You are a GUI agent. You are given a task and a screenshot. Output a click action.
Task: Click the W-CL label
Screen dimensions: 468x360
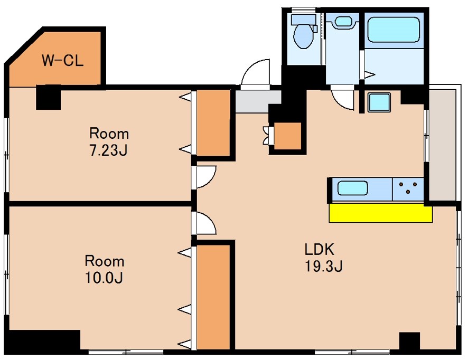(62, 61)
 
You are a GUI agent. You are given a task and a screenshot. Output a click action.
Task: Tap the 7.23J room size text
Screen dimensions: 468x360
(109, 150)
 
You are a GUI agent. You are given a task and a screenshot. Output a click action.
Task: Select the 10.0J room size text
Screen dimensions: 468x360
(104, 278)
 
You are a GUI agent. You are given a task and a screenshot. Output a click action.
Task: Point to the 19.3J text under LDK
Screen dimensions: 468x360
(324, 266)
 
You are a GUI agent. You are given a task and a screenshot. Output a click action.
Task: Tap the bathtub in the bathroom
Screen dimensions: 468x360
(394, 30)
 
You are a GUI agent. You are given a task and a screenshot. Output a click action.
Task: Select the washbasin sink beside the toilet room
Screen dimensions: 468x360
(343, 22)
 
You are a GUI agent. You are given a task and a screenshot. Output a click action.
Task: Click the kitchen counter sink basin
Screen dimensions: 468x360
(352, 188)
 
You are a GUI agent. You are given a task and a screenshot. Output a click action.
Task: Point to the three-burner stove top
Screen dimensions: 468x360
(408, 189)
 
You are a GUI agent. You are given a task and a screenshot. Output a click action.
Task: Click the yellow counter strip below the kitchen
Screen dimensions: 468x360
(380, 213)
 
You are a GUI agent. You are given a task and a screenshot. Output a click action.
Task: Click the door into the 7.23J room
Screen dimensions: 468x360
(206, 177)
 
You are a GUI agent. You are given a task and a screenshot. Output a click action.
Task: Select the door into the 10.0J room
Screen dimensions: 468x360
(206, 223)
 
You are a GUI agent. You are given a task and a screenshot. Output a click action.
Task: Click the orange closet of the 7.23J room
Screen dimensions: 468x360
(213, 123)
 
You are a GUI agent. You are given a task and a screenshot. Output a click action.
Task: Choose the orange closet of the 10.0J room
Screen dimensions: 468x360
(213, 297)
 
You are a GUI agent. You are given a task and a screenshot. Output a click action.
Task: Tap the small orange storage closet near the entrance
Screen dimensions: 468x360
(287, 136)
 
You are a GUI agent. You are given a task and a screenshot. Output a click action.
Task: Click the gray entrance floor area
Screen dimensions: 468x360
(258, 101)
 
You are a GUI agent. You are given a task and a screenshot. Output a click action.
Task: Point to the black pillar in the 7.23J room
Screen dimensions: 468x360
(49, 97)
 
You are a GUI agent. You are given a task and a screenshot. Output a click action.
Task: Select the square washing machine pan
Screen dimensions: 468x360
(379, 102)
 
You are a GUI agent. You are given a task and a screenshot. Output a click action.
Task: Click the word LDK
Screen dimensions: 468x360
(319, 249)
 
